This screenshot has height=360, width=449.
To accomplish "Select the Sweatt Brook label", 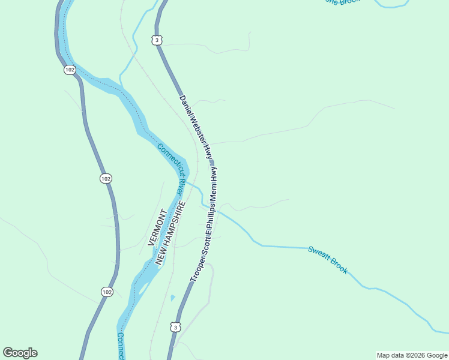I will tap(328, 259).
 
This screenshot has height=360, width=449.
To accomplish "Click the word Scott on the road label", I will tap(205, 244).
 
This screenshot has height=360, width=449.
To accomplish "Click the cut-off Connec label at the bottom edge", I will tap(121, 346).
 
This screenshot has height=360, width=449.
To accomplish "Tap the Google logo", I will tap(20, 353).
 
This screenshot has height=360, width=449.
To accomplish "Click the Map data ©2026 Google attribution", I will tap(412, 355).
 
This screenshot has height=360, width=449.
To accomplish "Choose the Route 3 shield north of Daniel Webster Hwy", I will tap(157, 40).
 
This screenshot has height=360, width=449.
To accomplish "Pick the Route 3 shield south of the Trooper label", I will tap(174, 327).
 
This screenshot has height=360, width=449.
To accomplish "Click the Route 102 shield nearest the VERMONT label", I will tap(106, 178).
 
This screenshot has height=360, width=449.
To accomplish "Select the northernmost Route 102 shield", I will tap(70, 70).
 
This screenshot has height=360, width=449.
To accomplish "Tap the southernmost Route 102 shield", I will tap(106, 292).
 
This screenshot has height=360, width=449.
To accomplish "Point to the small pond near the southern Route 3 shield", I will tap(173, 297).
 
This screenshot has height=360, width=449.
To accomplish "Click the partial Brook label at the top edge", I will tap(343, 2).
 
